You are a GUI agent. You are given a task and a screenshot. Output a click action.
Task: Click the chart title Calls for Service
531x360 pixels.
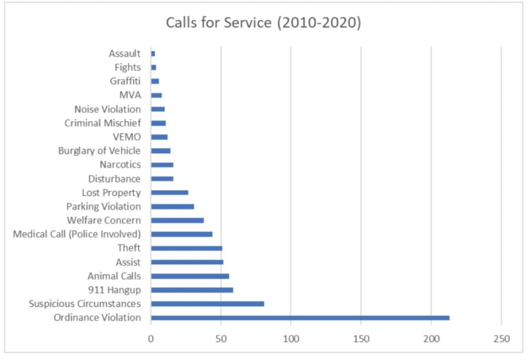tap(263, 22)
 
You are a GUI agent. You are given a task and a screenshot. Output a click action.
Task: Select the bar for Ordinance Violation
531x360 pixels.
tap(300, 318)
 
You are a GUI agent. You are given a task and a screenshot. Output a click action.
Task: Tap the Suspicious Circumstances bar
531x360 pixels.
tap(208, 304)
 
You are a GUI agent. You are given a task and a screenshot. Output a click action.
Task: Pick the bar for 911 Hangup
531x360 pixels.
tap(192, 290)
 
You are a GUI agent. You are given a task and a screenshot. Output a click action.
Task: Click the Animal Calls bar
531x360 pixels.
tap(190, 276)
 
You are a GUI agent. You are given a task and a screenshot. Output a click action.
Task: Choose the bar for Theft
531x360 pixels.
tap(186, 248)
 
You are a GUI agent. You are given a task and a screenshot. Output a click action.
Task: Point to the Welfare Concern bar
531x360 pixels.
tap(178, 221)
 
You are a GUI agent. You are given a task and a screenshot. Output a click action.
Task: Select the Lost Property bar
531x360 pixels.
tap(170, 193)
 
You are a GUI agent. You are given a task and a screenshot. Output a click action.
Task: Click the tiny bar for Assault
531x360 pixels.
tap(153, 54)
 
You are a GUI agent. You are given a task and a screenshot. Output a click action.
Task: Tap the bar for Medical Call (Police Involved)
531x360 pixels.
tap(182, 234)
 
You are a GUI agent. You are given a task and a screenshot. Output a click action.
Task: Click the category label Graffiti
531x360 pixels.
tap(125, 81)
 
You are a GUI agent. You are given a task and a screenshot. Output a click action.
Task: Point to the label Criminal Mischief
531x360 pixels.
tap(103, 123)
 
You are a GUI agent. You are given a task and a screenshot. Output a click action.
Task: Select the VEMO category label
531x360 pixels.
tap(127, 137)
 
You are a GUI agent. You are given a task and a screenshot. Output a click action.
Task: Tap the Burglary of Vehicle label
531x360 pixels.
tap(99, 150)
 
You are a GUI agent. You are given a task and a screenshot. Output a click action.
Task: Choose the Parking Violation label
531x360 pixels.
tap(104, 206)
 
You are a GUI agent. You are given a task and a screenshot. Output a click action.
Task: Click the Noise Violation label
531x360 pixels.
tap(108, 109)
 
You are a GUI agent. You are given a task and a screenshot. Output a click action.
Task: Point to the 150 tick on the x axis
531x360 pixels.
tap(361, 339)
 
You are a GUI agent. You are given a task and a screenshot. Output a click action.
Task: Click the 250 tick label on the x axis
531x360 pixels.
tap(501, 339)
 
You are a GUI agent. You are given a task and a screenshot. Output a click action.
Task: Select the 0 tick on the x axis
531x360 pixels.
tap(150, 339)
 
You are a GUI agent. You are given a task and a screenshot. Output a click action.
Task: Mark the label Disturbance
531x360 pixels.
tap(114, 178)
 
